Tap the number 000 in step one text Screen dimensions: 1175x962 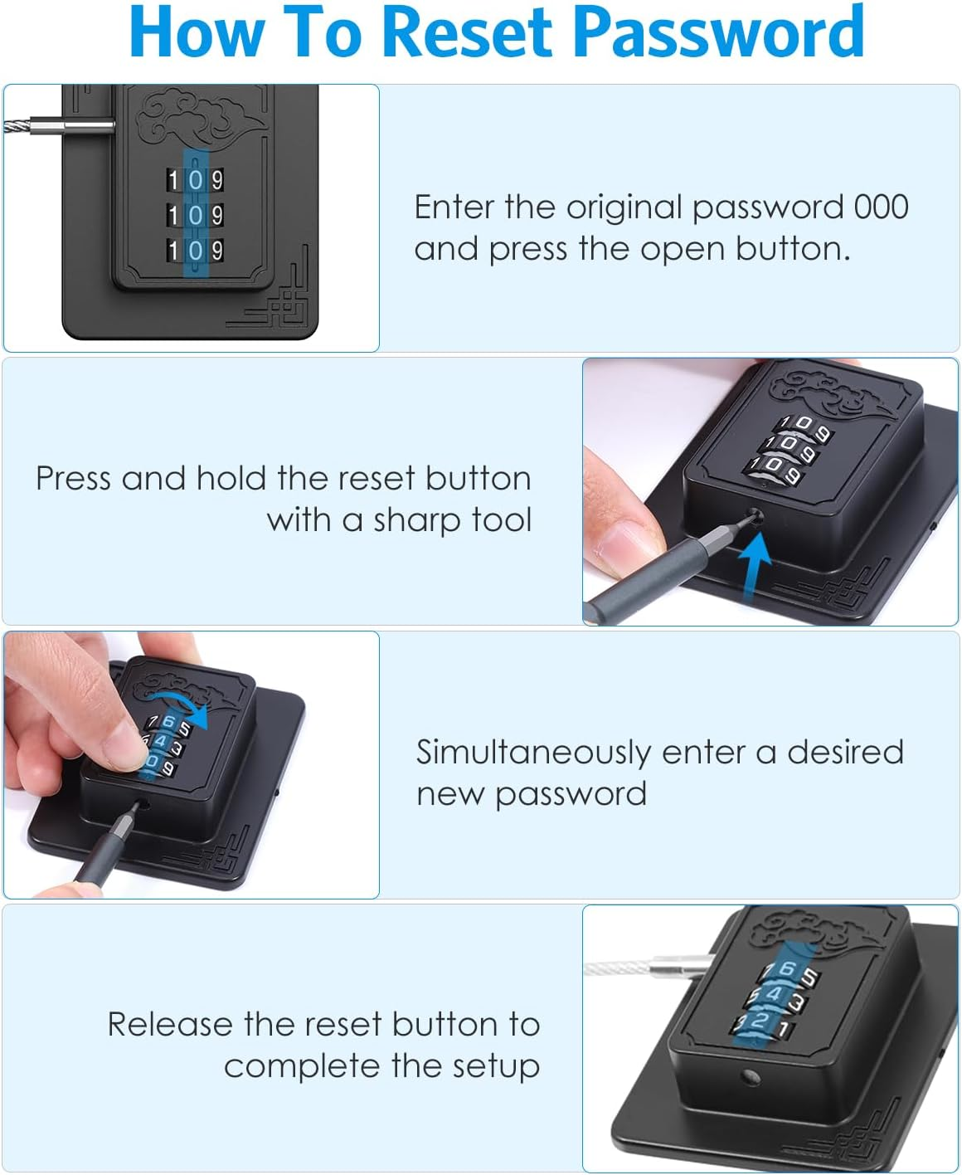(x=881, y=207)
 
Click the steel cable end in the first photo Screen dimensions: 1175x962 (x=33, y=127)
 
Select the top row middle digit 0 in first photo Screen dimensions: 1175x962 (x=196, y=180)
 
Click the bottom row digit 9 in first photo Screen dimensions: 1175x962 (x=216, y=251)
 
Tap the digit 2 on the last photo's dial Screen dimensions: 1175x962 (x=758, y=1021)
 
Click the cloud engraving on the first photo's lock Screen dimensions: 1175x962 (x=197, y=117)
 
